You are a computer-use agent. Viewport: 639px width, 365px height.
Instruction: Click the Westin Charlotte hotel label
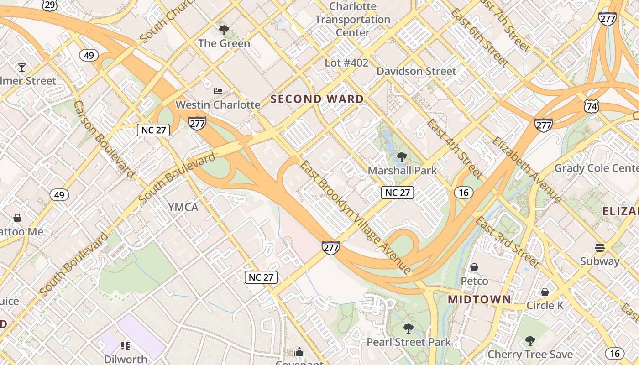218,104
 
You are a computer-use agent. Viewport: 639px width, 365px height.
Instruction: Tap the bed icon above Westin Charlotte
218,91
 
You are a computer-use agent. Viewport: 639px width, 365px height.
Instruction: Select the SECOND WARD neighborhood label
318,99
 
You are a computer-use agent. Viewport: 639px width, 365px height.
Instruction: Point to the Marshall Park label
402,171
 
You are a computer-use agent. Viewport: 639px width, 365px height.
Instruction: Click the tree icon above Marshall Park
402,157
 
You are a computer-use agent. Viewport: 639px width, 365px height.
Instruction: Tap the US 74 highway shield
591,106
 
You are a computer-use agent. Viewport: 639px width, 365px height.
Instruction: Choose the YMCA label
183,207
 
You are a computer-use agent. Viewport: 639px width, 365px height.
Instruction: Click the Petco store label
474,281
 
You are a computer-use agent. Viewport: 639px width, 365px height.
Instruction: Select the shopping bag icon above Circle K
545,292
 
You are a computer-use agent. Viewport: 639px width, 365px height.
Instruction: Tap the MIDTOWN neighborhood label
479,300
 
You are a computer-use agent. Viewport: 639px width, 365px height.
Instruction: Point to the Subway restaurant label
600,261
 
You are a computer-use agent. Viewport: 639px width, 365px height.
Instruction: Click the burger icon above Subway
600,248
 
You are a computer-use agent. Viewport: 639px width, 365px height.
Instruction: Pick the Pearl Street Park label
409,342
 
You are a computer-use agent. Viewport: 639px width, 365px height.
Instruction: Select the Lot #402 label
346,63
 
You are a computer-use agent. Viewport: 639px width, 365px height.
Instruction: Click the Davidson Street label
416,71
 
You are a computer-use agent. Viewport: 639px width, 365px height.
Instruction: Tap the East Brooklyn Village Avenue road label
356,218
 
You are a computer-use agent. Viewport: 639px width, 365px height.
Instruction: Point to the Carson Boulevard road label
104,139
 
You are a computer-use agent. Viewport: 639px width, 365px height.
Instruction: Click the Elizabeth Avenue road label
527,169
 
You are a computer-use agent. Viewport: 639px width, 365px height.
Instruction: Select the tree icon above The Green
224,31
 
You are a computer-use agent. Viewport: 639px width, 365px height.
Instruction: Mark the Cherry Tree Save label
530,355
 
